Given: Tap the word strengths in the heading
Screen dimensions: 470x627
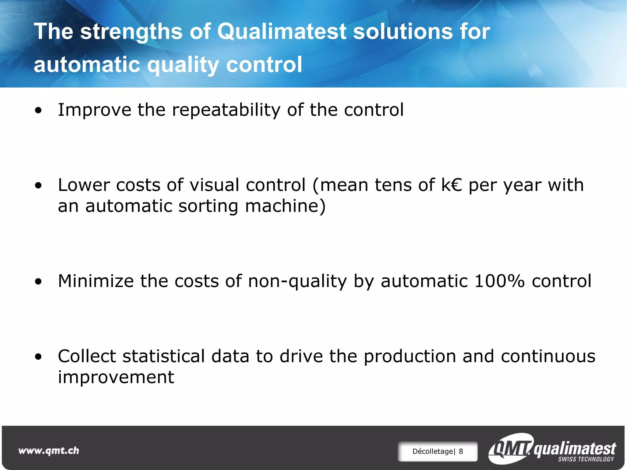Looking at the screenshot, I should pos(131,32).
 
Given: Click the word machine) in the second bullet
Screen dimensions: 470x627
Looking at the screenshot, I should pos(285,206).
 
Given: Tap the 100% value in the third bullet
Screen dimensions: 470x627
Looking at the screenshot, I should pos(499,281).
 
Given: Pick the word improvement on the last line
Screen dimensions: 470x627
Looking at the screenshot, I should pos(116,377).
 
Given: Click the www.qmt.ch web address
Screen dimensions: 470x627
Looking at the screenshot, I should pos(49,451).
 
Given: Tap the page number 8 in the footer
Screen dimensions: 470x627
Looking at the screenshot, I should pos(461,451).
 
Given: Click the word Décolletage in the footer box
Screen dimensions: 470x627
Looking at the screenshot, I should pos(433,451).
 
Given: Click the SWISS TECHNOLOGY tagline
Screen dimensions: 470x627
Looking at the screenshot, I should pos(586,459).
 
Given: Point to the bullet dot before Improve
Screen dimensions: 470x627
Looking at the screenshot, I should pos(38,111).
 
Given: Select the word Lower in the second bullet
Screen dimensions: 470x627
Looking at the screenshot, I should pos(84,185).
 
